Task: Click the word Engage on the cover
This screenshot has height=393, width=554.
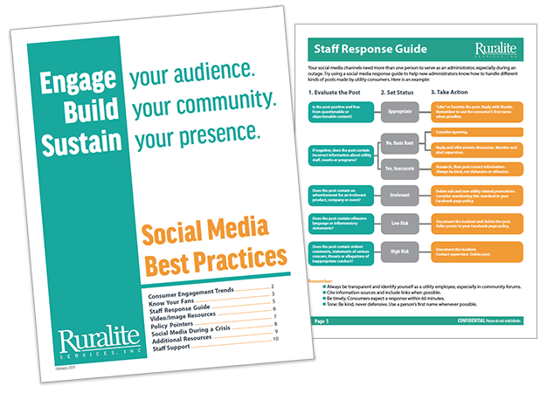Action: point(80,80)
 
